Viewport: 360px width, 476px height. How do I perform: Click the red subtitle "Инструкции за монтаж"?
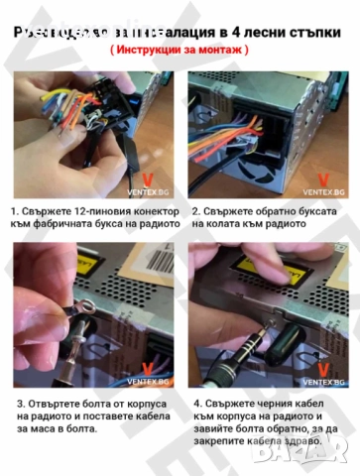[180, 48]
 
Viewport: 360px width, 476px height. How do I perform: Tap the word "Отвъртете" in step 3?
[59, 404]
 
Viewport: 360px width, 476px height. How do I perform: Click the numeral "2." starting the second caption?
[196, 211]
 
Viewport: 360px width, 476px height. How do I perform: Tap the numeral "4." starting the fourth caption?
[196, 404]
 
